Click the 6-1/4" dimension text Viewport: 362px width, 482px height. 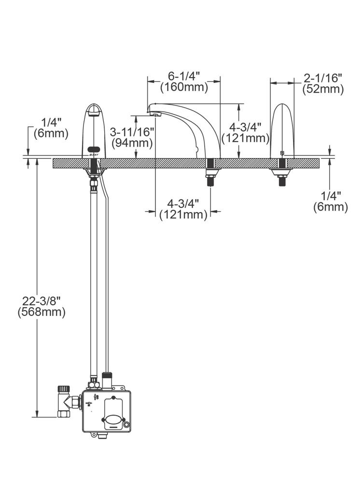tap(184, 77)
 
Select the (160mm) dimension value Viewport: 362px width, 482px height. tap(184, 88)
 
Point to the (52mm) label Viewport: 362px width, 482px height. tap(323, 89)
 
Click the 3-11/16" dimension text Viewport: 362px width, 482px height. tap(132, 132)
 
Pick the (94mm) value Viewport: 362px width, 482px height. tap(132, 143)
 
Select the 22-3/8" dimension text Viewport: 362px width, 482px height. tap(42, 301)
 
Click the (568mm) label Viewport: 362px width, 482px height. tap(42, 312)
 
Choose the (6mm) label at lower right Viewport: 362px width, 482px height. tap(331, 207)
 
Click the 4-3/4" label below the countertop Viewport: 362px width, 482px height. tap(183, 203)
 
